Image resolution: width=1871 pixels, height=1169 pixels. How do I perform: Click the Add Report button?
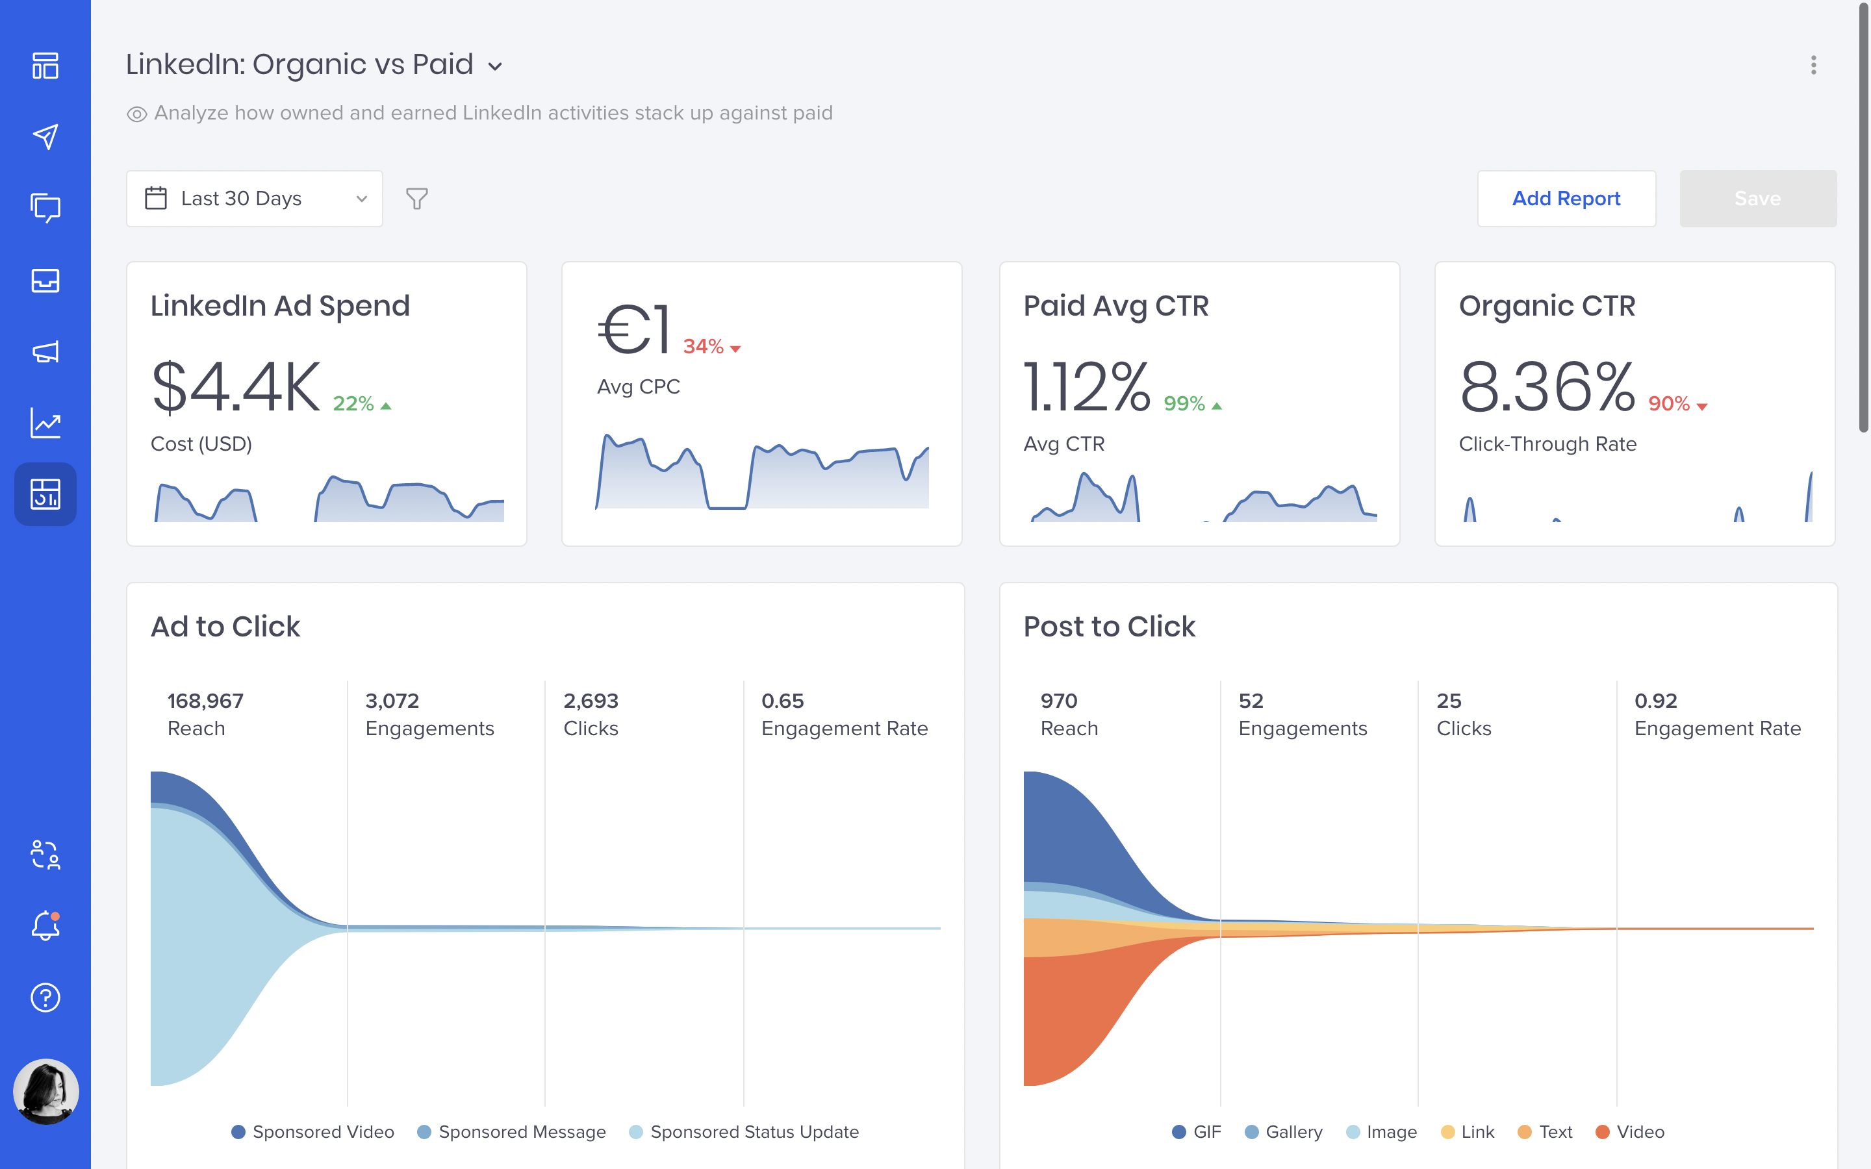click(1566, 199)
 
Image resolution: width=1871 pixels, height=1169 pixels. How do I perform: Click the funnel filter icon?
click(416, 199)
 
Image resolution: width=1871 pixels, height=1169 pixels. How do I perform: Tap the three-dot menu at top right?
click(1813, 65)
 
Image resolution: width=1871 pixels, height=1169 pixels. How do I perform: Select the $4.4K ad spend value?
click(236, 386)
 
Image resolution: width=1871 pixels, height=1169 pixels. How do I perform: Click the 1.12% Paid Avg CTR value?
click(1087, 386)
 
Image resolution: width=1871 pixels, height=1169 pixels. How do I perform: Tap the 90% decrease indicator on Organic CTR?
click(1676, 403)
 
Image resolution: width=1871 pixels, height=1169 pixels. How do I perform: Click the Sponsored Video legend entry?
click(313, 1132)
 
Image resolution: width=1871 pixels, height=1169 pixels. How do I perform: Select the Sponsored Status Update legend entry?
click(744, 1132)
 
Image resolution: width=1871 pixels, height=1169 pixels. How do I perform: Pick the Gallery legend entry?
click(1284, 1132)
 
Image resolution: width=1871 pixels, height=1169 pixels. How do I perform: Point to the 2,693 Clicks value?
click(591, 701)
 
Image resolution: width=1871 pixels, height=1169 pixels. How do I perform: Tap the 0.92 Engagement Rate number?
click(1655, 701)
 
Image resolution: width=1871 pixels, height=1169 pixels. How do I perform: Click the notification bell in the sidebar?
click(45, 925)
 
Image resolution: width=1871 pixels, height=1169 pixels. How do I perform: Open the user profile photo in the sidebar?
click(45, 1091)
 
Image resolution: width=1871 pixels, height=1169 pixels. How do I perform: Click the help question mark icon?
click(45, 998)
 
